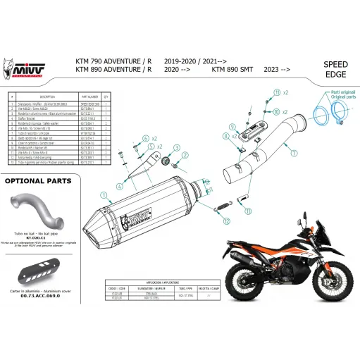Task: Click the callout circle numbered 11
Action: coord(278,92)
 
